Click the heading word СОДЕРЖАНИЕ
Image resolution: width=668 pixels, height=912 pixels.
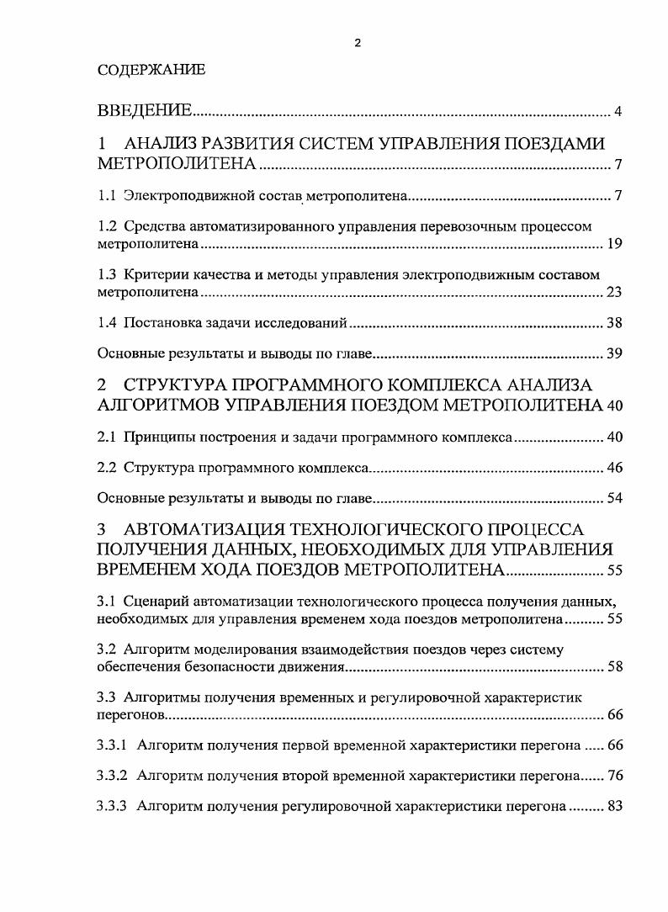[x=151, y=71]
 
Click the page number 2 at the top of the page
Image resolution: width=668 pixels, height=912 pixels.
[x=358, y=44]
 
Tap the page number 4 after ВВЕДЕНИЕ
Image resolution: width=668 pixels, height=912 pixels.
[x=618, y=113]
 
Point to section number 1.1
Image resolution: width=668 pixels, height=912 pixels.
[x=107, y=196]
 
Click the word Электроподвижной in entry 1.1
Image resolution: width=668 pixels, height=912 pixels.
[x=175, y=196]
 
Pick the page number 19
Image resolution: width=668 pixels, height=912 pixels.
[x=613, y=245]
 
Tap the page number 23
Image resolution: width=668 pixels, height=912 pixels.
[x=613, y=293]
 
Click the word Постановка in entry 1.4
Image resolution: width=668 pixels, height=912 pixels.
[x=159, y=323]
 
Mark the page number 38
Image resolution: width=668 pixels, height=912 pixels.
[x=613, y=323]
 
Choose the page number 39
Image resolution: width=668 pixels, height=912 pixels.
[x=613, y=353]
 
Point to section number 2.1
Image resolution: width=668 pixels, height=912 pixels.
[x=107, y=437]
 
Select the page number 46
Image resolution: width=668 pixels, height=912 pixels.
[x=613, y=468]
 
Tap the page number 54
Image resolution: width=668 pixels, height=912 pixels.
[x=613, y=498]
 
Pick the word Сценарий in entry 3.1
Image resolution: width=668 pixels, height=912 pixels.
[x=155, y=602]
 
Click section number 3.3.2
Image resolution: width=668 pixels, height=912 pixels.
[x=113, y=776]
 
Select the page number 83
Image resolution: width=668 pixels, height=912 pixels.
[x=613, y=806]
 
